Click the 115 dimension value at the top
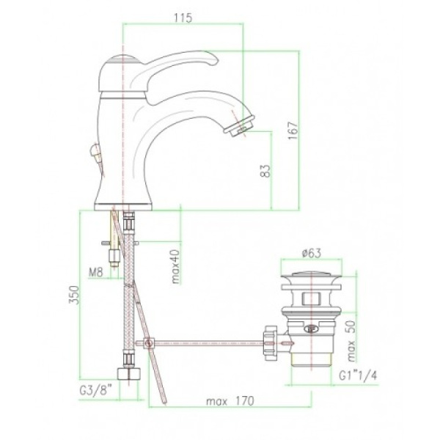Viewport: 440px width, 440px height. point(183,18)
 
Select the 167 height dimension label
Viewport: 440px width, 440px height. point(293,131)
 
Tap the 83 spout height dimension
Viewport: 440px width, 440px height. point(265,171)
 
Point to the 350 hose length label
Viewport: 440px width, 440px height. point(74,295)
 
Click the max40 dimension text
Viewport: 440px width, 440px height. point(176,266)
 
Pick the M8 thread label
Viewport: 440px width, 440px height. point(96,272)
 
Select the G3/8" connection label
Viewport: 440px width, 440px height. point(96,390)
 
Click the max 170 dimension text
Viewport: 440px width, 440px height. point(230,401)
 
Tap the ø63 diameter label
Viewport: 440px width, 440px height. point(312,253)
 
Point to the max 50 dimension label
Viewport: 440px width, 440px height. point(351,341)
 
